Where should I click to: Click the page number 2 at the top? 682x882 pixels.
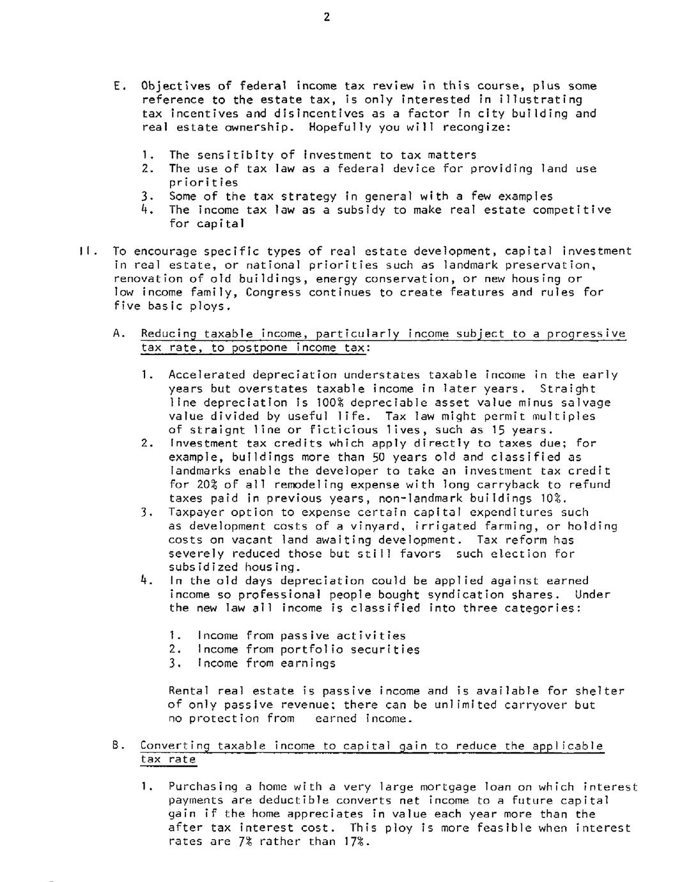327,17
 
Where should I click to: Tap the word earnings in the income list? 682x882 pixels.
307,663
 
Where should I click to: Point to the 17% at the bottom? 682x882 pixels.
355,842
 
